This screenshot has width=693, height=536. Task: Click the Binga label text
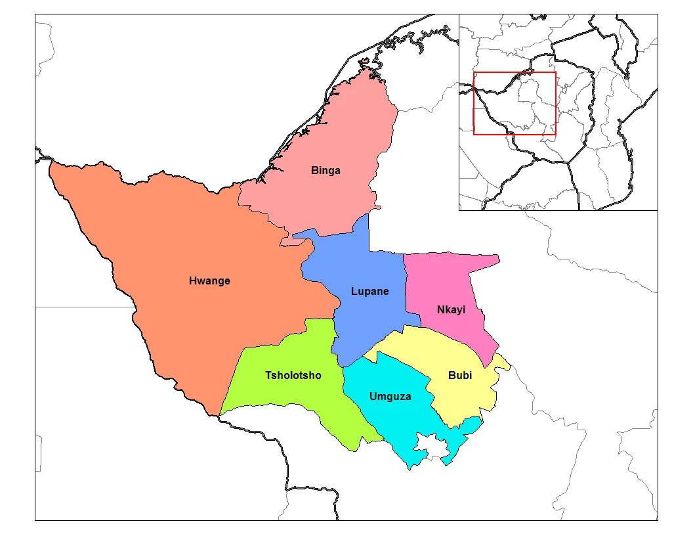pos(325,171)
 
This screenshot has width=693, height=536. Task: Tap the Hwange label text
pos(209,281)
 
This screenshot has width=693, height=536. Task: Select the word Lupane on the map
pos(369,292)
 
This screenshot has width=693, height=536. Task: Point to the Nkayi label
pos(451,310)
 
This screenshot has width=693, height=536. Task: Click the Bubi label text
pos(459,376)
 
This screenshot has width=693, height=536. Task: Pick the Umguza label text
pos(390,396)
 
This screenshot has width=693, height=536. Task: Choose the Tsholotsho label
pos(293,376)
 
